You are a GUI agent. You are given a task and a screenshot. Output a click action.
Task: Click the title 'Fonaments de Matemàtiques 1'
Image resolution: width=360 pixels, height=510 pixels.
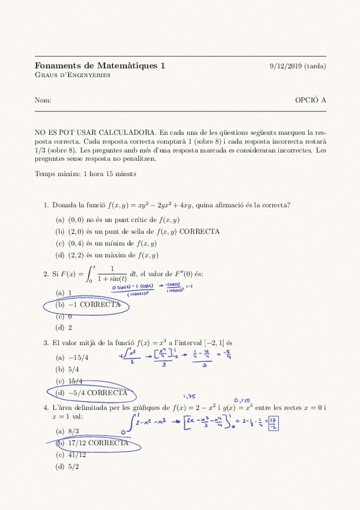pos(100,66)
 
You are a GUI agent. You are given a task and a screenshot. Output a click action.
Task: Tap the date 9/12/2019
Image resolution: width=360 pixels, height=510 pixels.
pos(286,66)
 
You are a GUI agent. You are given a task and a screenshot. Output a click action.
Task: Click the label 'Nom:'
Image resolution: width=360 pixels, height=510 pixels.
pos(43,100)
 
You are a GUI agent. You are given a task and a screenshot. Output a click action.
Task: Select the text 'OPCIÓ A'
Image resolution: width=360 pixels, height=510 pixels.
pos(310,100)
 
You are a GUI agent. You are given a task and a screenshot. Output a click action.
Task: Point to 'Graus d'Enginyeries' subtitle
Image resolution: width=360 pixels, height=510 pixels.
pos(72,75)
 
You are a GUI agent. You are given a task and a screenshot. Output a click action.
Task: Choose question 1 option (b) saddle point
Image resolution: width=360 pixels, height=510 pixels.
pos(138,232)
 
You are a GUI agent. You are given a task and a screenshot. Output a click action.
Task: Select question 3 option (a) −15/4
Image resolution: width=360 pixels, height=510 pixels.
pos(72,357)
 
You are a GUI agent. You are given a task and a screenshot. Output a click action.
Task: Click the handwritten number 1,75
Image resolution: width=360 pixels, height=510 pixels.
pos(190,397)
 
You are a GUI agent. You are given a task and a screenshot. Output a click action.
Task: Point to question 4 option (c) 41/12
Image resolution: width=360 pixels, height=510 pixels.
pos(70,455)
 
